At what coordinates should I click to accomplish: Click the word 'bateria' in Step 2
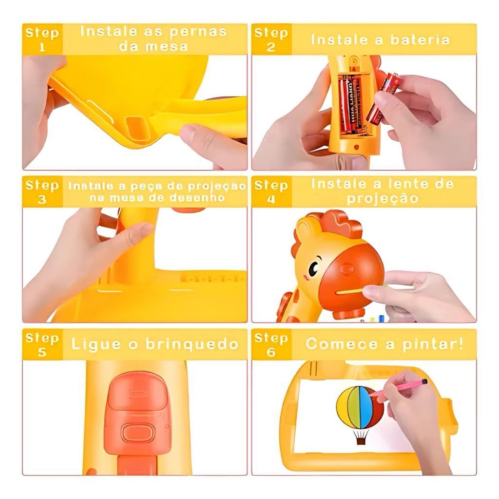[420, 40]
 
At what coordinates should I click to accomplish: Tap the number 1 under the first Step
[42, 47]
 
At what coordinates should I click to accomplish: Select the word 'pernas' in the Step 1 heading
[198, 32]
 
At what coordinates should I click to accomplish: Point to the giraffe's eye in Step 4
[313, 269]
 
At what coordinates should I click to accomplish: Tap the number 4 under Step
[271, 199]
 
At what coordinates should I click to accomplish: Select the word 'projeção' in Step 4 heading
[383, 199]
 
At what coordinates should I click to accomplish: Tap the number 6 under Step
[271, 352]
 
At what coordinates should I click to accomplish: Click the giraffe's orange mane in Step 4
[337, 222]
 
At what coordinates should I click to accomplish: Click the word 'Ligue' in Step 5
[96, 345]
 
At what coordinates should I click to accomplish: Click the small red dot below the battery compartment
[356, 147]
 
